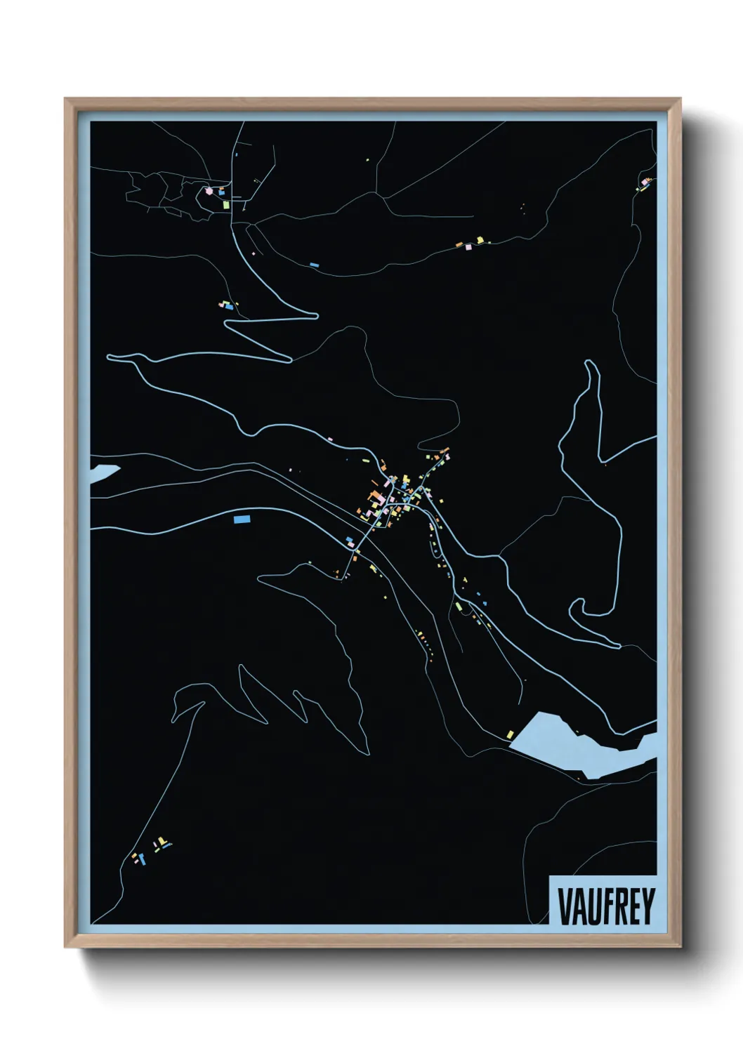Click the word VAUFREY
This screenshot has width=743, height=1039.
(606, 906)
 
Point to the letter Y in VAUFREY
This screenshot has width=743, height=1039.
(648, 906)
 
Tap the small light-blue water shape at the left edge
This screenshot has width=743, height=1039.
(103, 472)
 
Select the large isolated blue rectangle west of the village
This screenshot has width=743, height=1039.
(242, 519)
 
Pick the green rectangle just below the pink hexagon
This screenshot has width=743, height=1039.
(226, 205)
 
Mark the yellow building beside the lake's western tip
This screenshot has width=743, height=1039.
(511, 734)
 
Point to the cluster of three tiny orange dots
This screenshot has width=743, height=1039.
(522, 206)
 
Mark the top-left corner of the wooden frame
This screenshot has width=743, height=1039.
(65, 99)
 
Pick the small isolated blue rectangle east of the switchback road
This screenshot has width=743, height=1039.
(314, 265)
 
